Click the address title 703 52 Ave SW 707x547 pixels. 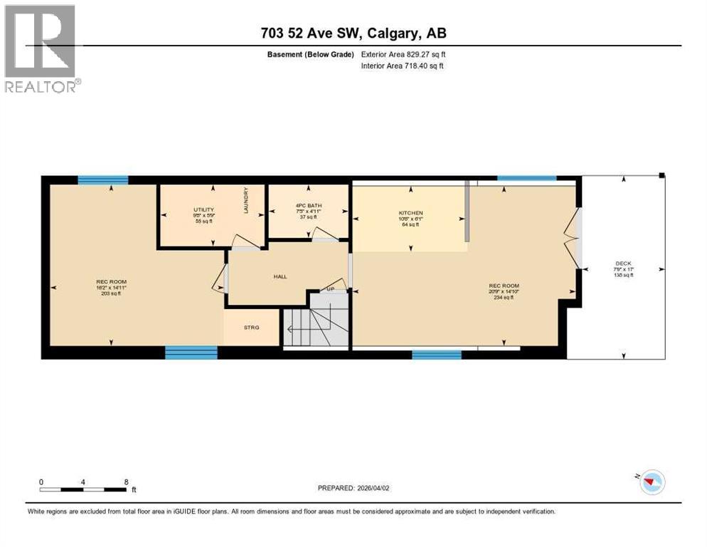pos(353,33)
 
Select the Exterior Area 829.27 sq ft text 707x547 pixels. pos(403,54)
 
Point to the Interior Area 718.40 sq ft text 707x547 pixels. pos(403,66)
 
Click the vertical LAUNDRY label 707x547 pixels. pos(246,200)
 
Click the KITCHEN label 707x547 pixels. pos(410,213)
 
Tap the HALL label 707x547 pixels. pos(280,276)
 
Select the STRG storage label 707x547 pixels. pos(251,328)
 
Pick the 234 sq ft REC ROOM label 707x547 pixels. pos(502,292)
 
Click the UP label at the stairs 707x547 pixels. pos(330,289)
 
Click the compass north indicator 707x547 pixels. pos(650,482)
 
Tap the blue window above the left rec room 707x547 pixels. pos(102,179)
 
